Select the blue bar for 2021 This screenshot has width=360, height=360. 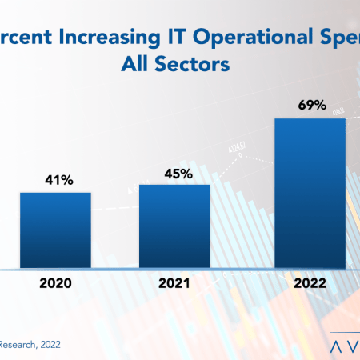[174, 225]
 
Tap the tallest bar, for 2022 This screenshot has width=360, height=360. [310, 192]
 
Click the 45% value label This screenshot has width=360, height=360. [174, 174]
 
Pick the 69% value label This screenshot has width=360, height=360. [310, 106]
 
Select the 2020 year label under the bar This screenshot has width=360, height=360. [55, 282]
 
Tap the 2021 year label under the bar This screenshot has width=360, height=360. [174, 282]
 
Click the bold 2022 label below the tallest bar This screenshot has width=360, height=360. [310, 282]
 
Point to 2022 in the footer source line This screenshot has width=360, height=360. [49, 345]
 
